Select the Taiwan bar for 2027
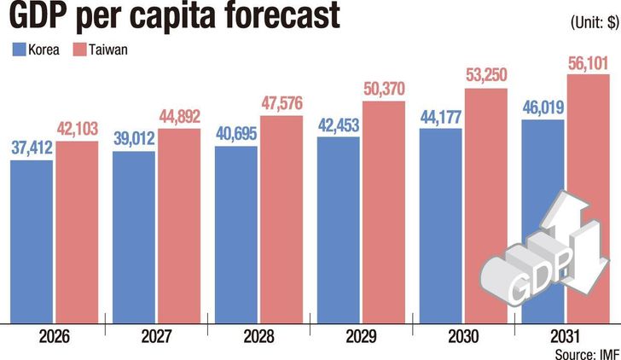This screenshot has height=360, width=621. click(178, 225)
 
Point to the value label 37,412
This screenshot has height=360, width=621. click(32, 149)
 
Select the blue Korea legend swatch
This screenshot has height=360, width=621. click(18, 49)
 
